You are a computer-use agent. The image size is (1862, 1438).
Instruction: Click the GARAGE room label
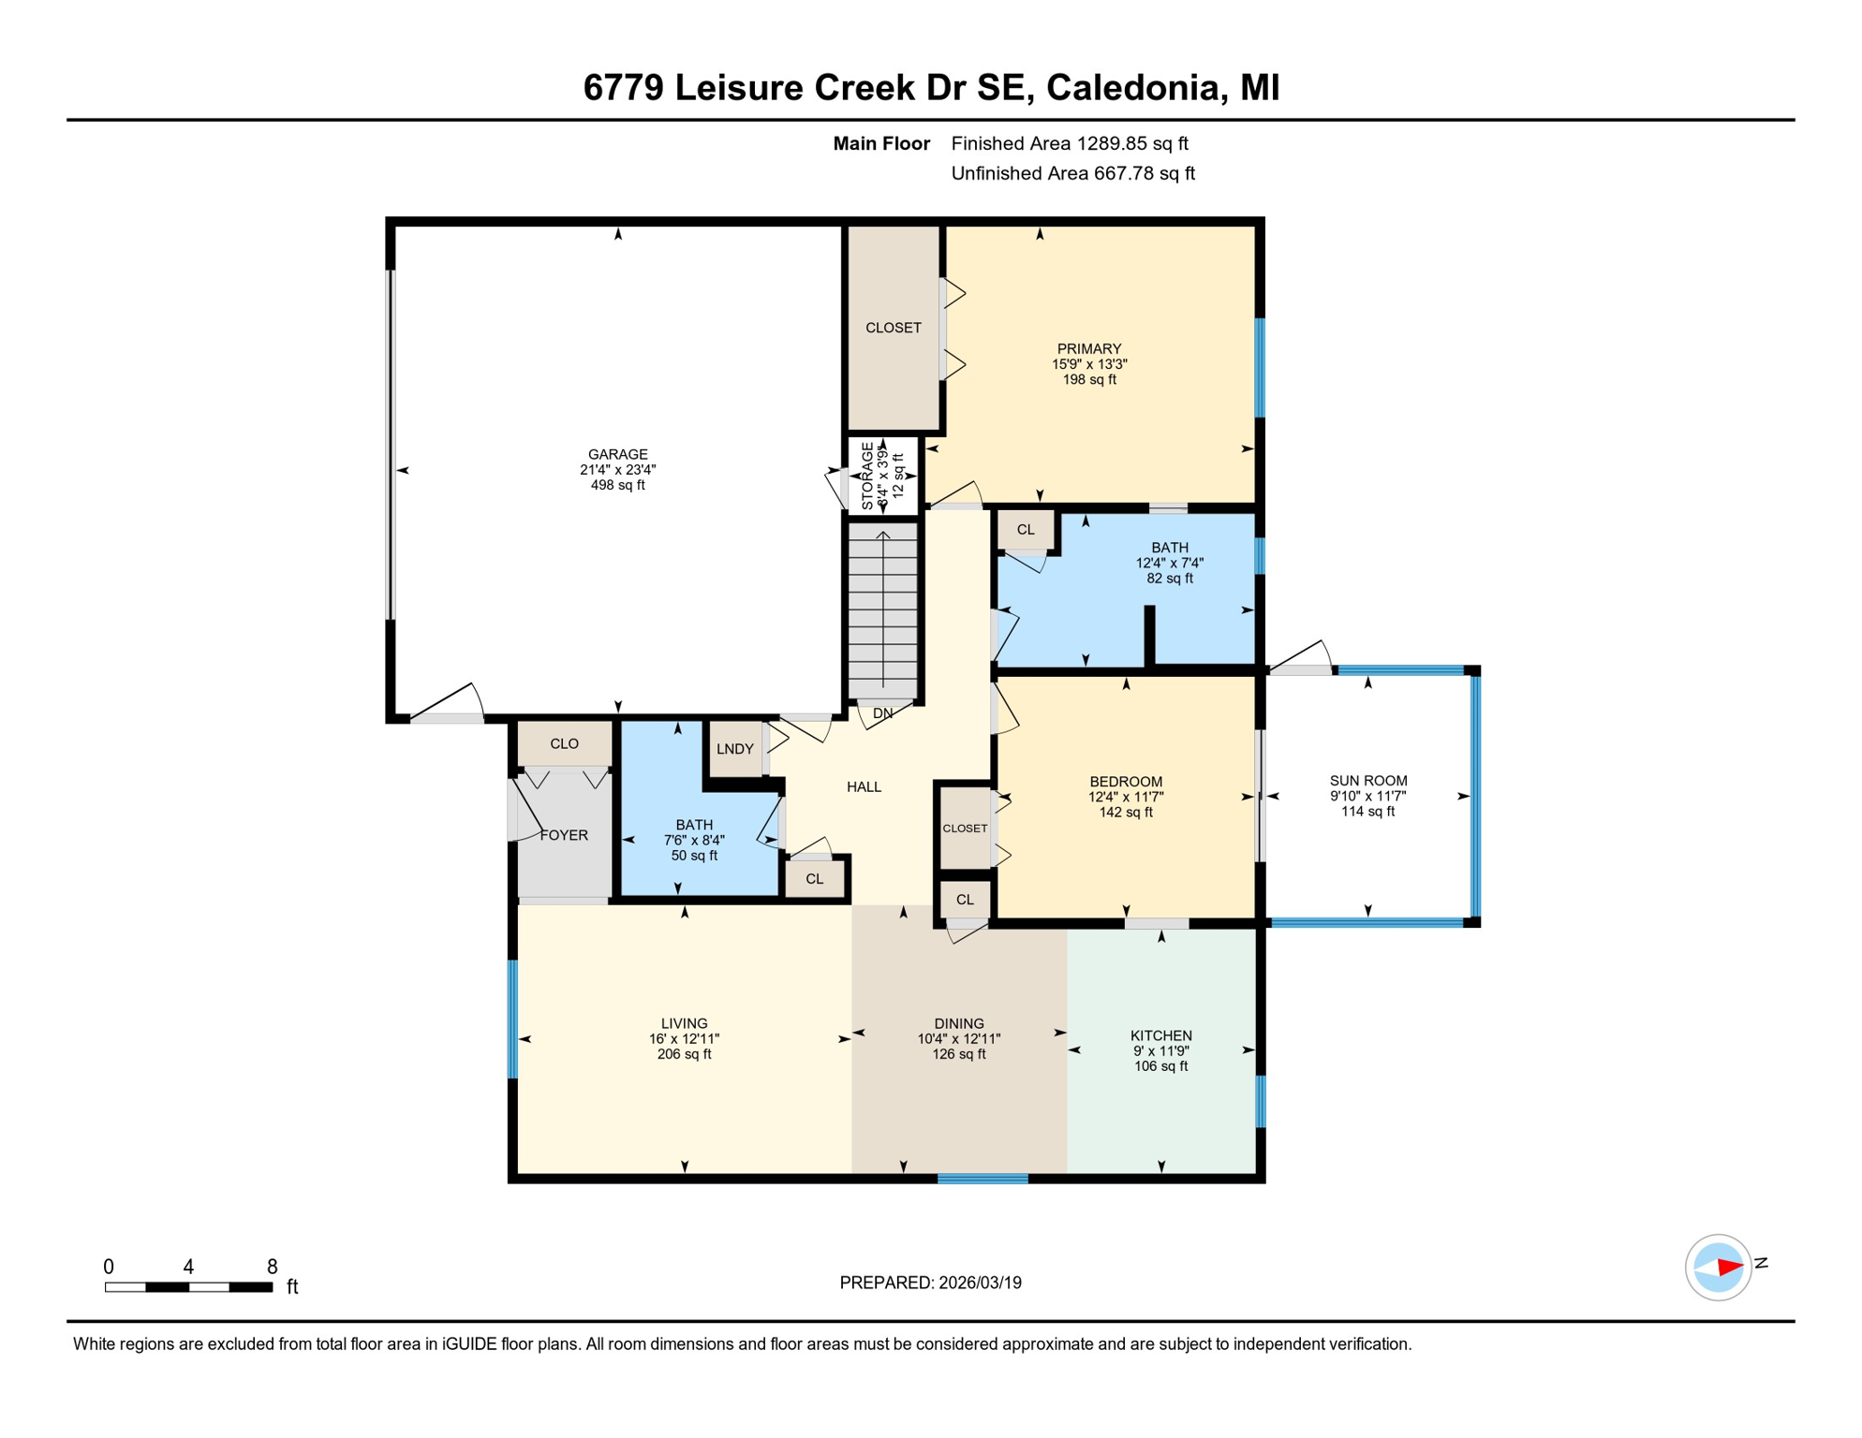[617, 455]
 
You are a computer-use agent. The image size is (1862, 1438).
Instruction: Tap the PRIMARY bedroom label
[1088, 349]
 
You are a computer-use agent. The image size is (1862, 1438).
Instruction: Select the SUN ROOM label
[1367, 781]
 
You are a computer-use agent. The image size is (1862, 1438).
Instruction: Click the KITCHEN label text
[1160, 1035]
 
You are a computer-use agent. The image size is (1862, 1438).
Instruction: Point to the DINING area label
[958, 1023]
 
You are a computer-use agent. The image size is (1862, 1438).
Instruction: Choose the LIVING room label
[684, 1023]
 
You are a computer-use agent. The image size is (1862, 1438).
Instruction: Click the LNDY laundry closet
[735, 749]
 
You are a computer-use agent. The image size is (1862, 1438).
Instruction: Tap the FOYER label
[564, 835]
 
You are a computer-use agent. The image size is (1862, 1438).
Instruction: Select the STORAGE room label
[867, 477]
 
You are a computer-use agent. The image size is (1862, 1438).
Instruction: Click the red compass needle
[1729, 1268]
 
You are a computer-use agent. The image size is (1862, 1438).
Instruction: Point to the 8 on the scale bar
[272, 1267]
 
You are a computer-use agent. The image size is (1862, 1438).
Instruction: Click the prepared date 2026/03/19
[980, 1283]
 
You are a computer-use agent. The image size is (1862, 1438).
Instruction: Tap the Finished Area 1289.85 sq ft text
[1069, 143]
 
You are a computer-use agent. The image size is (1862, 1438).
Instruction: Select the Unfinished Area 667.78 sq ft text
[1072, 173]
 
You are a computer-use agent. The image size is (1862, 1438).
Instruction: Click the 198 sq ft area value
[1088, 380]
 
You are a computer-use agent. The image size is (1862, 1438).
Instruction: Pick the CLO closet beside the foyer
[564, 744]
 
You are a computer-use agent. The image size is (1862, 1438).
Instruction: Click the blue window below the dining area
[983, 1179]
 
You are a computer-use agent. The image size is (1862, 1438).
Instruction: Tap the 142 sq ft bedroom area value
[1125, 813]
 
